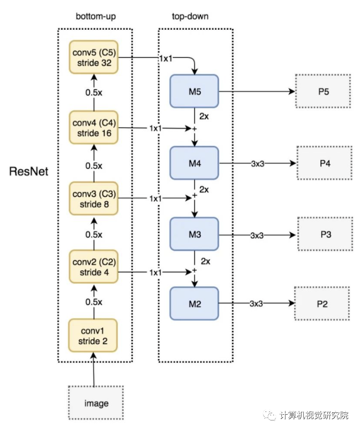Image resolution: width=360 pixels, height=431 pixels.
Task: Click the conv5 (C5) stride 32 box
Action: [94, 57]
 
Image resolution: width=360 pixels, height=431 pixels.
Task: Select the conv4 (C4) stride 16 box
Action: [94, 128]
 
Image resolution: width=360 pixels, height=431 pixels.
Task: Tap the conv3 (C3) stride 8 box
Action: [94, 198]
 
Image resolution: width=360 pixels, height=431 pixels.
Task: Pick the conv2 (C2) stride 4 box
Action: [94, 267]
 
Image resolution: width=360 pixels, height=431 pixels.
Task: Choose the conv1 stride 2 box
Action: [93, 335]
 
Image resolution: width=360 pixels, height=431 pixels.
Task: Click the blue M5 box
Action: [194, 91]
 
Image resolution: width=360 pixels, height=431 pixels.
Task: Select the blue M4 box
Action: [194, 163]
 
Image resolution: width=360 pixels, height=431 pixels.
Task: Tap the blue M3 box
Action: [194, 234]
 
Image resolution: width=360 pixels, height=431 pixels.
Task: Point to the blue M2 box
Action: [194, 303]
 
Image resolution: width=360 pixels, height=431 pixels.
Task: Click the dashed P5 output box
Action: [323, 91]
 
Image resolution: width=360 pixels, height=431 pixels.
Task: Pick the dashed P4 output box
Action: [324, 163]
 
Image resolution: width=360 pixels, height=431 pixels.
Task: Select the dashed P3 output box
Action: [325, 234]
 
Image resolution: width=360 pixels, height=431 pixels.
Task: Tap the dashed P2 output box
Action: [322, 303]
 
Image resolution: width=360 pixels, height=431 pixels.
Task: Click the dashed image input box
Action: [96, 403]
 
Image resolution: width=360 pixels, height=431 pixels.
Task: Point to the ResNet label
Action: [29, 171]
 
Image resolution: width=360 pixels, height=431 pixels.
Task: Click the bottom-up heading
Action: [96, 16]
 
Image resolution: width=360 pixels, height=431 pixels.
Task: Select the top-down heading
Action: [190, 16]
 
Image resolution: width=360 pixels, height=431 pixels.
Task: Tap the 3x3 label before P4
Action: [257, 164]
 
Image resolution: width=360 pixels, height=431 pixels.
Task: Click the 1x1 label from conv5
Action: [166, 58]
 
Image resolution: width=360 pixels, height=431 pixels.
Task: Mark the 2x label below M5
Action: [204, 116]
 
